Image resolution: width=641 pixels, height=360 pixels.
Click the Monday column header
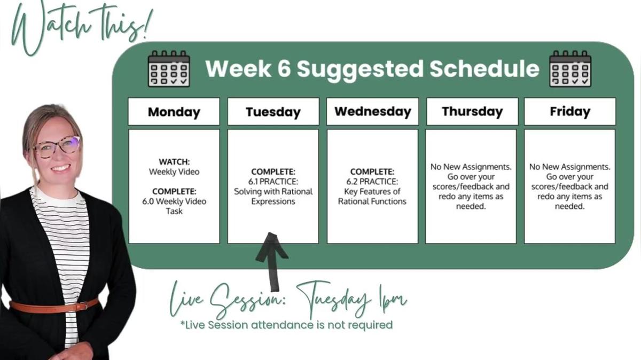coord(174,112)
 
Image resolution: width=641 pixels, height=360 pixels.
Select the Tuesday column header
coord(273,112)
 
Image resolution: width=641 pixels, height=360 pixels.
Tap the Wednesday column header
coord(373,112)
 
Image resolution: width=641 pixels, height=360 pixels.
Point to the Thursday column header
coord(472,112)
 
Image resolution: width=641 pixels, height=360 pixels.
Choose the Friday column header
coord(570,112)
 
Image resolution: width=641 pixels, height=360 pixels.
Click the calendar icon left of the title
coord(169,69)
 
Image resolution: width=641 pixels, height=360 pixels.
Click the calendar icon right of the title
coord(570,69)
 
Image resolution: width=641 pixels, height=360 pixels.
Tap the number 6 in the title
coord(284,69)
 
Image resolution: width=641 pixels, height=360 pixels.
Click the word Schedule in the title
coord(484,69)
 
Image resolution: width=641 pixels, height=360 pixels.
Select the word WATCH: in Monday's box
coord(174,162)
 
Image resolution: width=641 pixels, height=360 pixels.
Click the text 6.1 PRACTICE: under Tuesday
coord(273,182)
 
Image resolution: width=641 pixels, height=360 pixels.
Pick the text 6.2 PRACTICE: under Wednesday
coord(372,182)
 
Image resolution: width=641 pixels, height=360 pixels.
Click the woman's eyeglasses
coord(57,147)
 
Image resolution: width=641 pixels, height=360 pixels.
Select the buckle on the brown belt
coord(82,306)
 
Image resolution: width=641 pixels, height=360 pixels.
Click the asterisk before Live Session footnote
coord(183,323)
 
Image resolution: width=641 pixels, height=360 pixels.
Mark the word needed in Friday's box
coord(569,206)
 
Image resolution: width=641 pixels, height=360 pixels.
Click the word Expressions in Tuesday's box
coord(273,201)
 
